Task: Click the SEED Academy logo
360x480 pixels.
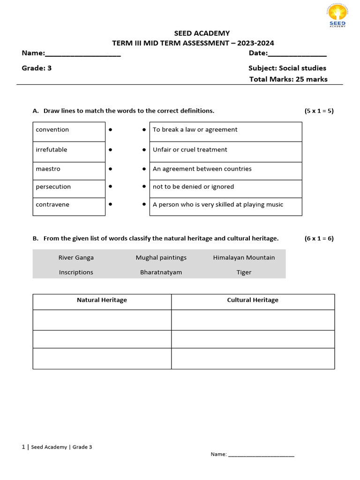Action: tap(337, 16)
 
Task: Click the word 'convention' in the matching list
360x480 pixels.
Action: tap(52, 130)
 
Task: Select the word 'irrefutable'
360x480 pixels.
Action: tap(51, 150)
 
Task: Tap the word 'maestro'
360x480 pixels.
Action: tap(48, 169)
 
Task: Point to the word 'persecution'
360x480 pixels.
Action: tap(53, 187)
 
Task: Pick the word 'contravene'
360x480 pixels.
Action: tap(52, 205)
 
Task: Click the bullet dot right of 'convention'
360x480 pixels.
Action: tap(110, 130)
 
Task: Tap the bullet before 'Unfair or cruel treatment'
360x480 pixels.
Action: tap(144, 150)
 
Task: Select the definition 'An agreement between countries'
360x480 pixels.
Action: tap(202, 169)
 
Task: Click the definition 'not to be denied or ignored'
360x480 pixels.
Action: tap(193, 187)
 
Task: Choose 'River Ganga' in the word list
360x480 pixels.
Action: tap(76, 258)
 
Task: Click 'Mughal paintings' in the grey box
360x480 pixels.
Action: tap(161, 258)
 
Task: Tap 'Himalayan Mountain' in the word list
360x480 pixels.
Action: tap(244, 258)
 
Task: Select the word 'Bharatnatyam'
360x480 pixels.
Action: tap(161, 272)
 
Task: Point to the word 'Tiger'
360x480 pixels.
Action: tap(244, 272)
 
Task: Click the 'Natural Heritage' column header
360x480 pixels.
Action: tap(102, 300)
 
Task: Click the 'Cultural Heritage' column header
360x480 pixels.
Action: tap(253, 300)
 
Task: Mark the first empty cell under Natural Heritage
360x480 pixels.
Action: tap(102, 320)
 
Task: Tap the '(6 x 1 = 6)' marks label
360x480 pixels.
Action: tap(319, 239)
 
